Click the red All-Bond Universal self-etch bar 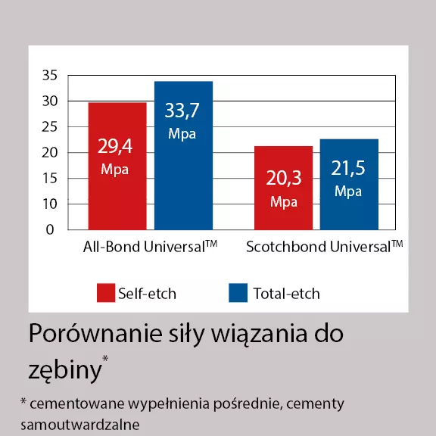click(117, 167)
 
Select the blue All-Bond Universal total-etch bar click(183, 155)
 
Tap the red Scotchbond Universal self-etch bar click(283, 188)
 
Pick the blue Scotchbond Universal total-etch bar click(349, 185)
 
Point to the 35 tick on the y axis click(50, 76)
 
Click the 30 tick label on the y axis click(50, 101)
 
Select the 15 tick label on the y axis click(50, 178)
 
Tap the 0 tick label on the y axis click(50, 229)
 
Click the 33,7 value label click(182, 111)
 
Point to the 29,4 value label click(115, 146)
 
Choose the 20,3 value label click(284, 178)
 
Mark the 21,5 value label click(348, 168)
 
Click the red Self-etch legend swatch click(106, 293)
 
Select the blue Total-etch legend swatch click(238, 293)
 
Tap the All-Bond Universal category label click(150, 246)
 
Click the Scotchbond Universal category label click(325, 246)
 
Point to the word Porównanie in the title click(95, 334)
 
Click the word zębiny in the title click(65, 370)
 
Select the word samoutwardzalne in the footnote click(80, 425)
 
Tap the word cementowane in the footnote click(76, 403)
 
